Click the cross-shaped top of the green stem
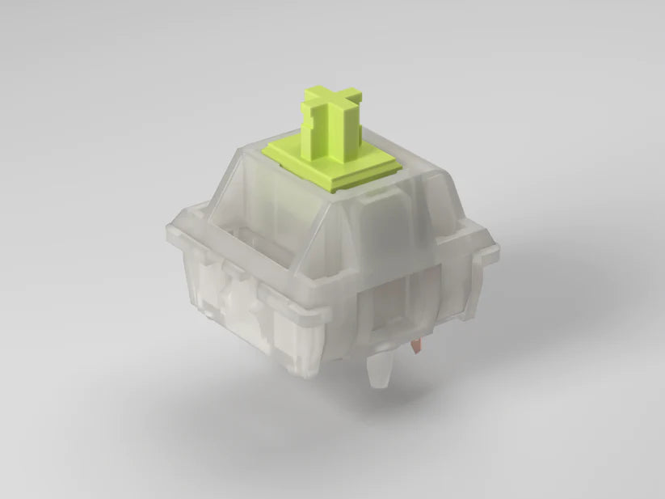coord(332,100)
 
